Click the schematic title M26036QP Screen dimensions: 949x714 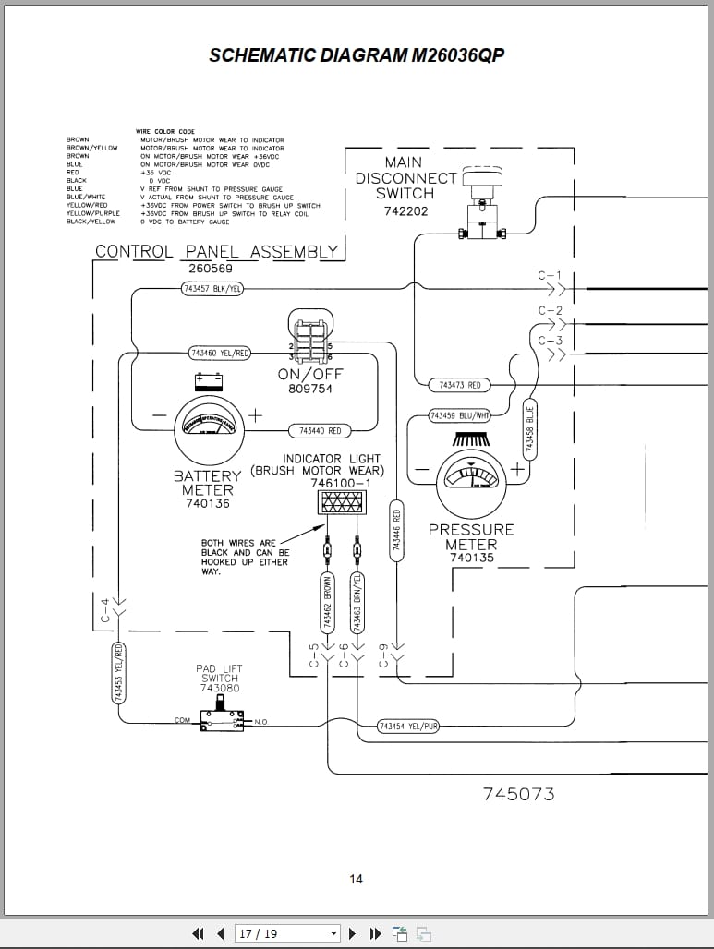(357, 55)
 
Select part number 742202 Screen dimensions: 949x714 (405, 211)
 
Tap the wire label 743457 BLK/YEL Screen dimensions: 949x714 (213, 289)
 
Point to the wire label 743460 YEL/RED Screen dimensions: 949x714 (220, 353)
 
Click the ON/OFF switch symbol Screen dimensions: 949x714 (310, 339)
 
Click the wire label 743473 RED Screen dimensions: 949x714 (459, 384)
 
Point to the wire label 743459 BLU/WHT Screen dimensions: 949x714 (459, 416)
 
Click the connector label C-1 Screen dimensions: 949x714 (550, 276)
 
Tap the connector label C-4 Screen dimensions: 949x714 (105, 610)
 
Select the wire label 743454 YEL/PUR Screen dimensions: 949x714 (407, 727)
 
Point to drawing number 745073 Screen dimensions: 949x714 (519, 794)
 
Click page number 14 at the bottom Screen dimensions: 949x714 (357, 879)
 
